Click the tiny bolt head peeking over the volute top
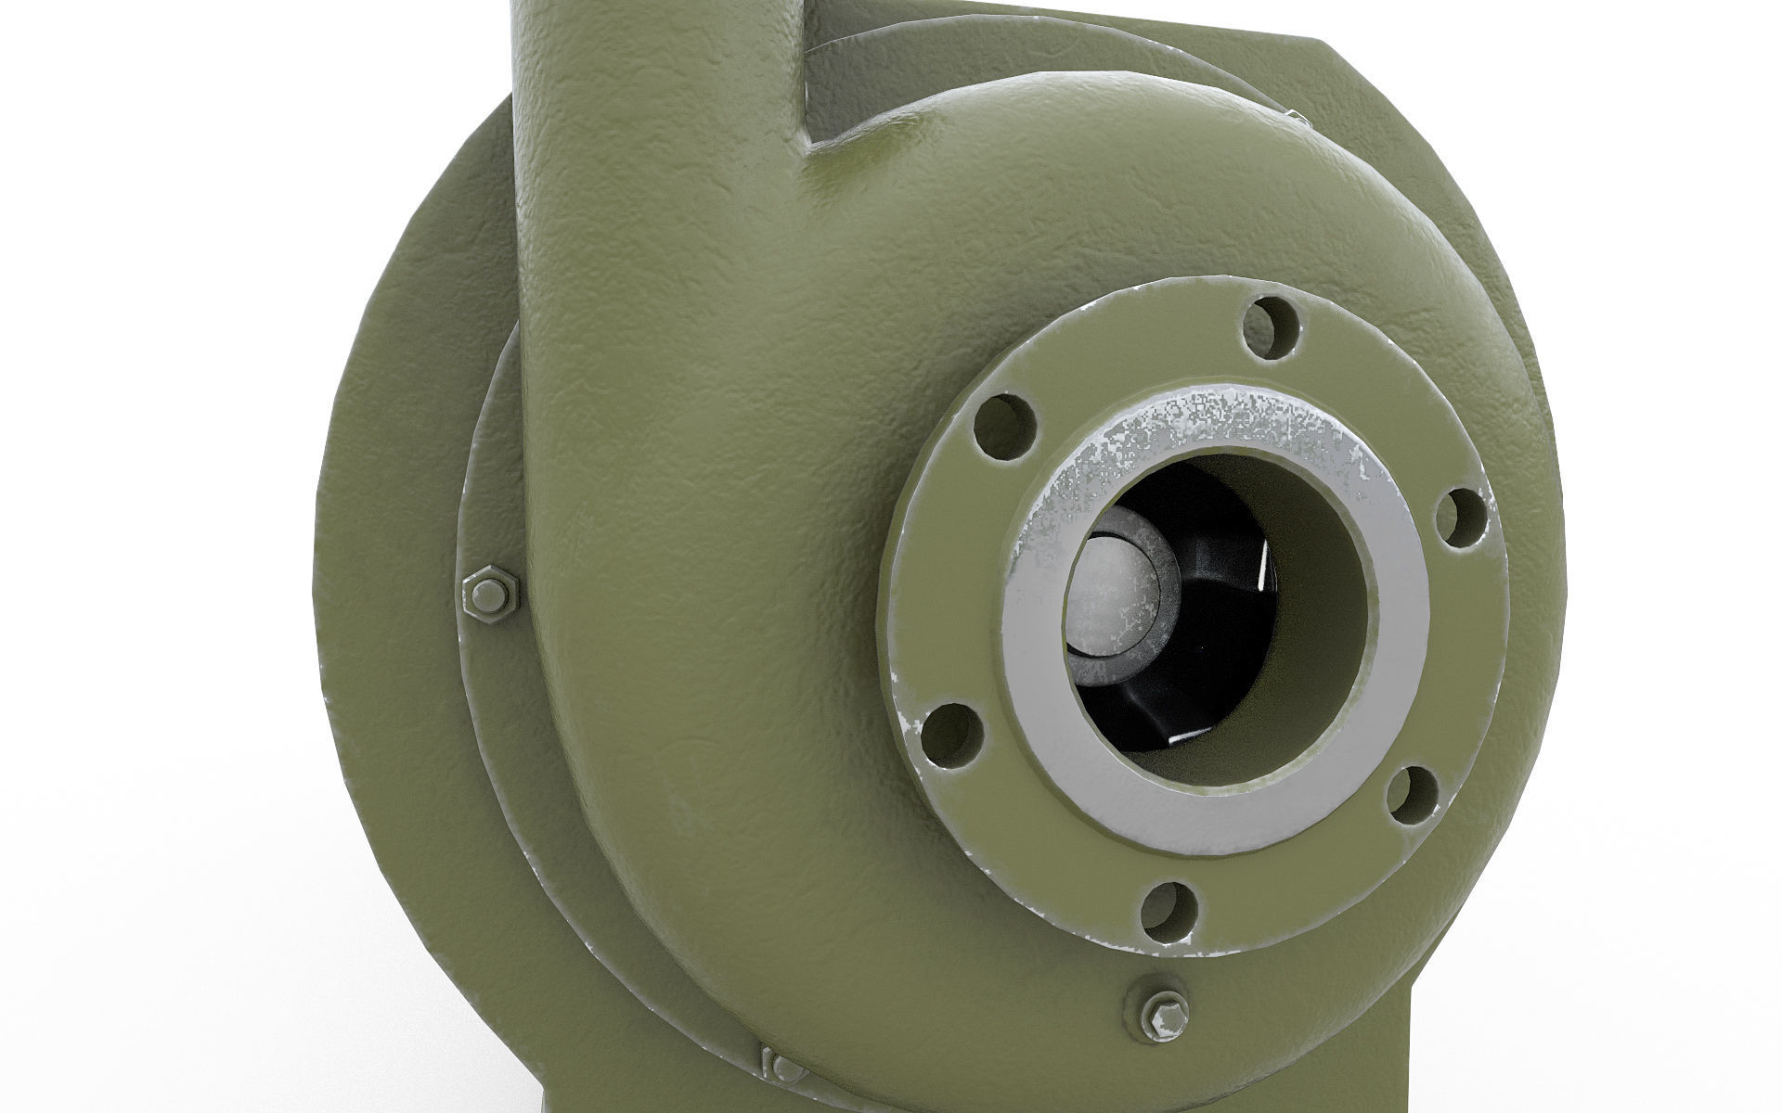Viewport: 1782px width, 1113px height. [1297, 142]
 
